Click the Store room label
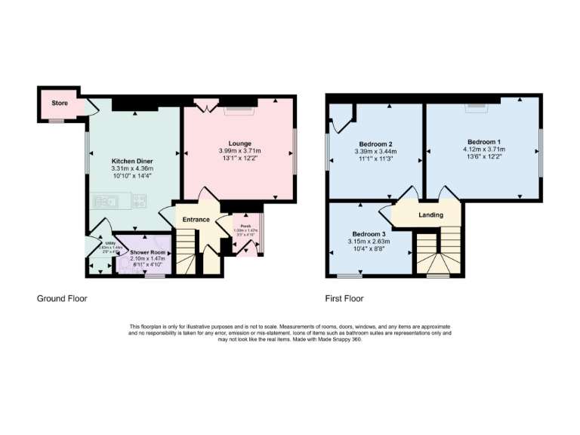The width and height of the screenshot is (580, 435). pyautogui.click(x=60, y=102)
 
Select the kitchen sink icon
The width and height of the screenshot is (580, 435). pyautogui.click(x=105, y=201)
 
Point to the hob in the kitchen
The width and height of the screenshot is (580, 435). pyautogui.click(x=139, y=201)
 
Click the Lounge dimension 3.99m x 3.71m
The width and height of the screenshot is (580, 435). pyautogui.click(x=240, y=151)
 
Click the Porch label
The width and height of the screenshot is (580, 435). pyautogui.click(x=246, y=227)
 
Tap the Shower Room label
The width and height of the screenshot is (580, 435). pyautogui.click(x=147, y=252)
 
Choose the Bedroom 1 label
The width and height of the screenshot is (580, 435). pyautogui.click(x=484, y=142)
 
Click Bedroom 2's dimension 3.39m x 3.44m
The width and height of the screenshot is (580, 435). pyautogui.click(x=375, y=152)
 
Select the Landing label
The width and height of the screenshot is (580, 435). pyautogui.click(x=430, y=215)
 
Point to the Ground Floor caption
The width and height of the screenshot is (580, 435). pyautogui.click(x=62, y=298)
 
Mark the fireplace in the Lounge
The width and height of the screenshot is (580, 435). pyautogui.click(x=240, y=110)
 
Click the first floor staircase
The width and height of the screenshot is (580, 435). pyautogui.click(x=438, y=253)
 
